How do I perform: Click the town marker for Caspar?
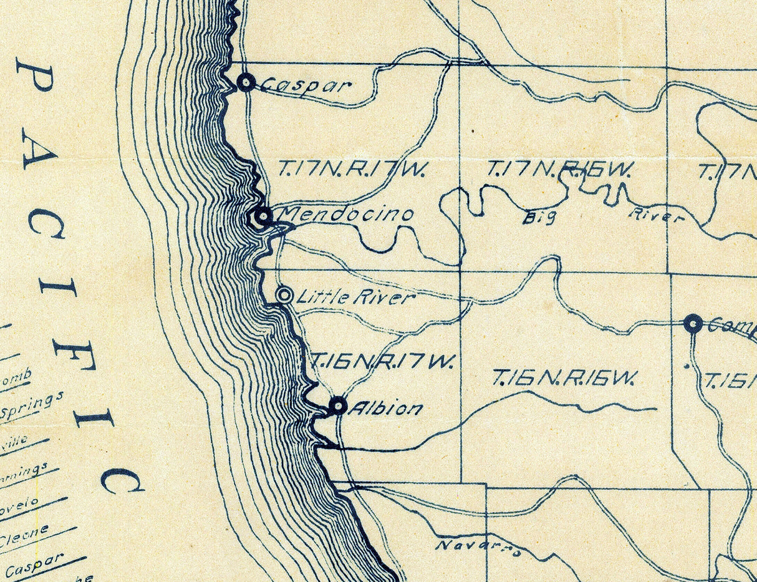pyautogui.click(x=247, y=82)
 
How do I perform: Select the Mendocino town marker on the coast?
pyautogui.click(x=263, y=216)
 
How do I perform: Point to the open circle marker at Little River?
pyautogui.click(x=285, y=296)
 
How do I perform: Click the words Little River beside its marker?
pyautogui.click(x=355, y=297)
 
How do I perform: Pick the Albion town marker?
pyautogui.click(x=338, y=405)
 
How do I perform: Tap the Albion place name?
pyautogui.click(x=385, y=409)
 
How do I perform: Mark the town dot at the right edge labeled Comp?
pyautogui.click(x=693, y=323)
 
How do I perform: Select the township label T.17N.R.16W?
pyautogui.click(x=560, y=169)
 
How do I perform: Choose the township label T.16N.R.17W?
pyautogui.click(x=383, y=361)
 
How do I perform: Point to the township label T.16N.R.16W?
pyautogui.click(x=564, y=377)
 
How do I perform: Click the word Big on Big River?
pyautogui.click(x=538, y=218)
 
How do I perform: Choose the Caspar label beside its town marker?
pyautogui.click(x=304, y=85)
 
